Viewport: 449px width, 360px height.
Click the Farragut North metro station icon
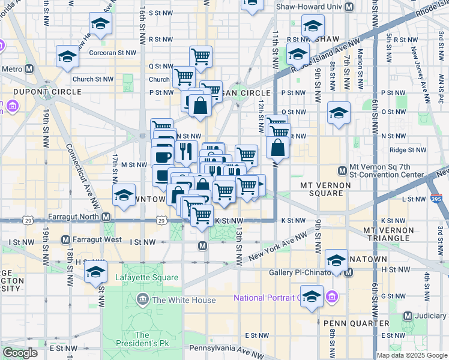tap(106, 217)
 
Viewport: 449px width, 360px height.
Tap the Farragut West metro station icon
tap(65, 240)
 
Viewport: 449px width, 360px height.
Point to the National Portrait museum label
tap(266, 298)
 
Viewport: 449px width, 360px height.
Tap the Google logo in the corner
tap(20, 353)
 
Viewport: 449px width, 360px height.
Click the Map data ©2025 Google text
tap(412, 355)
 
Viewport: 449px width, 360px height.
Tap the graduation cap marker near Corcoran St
tap(67, 56)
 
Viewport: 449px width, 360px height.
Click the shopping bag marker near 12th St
tap(278, 146)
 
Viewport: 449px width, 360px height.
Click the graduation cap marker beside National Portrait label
tap(312, 297)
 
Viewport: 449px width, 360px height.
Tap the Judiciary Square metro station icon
tap(408, 316)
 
